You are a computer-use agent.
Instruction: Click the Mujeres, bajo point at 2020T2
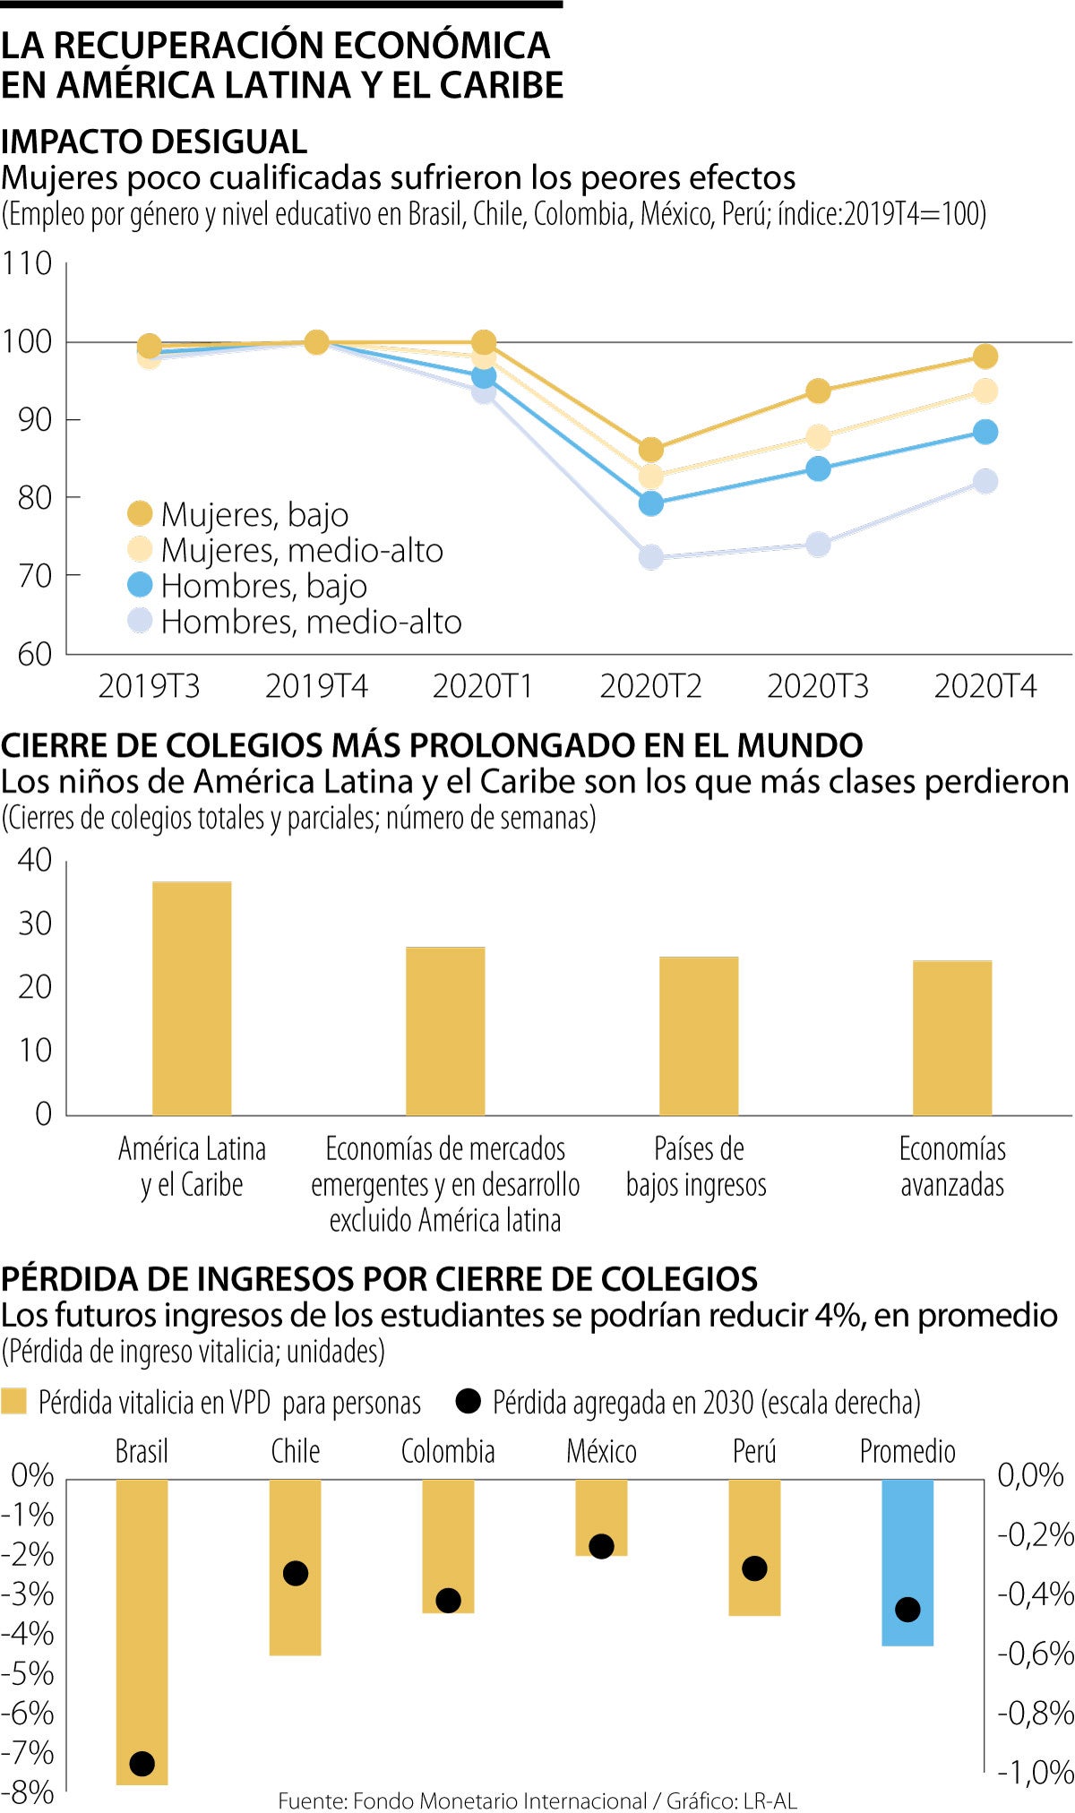(x=651, y=449)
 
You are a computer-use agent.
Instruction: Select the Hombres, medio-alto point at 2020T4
(x=985, y=481)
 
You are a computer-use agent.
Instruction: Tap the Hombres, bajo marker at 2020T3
(x=818, y=468)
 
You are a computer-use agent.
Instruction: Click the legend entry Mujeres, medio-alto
(x=302, y=550)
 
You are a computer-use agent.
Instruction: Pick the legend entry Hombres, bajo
(x=263, y=586)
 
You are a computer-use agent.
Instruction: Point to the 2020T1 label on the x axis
(x=483, y=686)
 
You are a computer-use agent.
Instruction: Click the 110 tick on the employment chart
(x=27, y=263)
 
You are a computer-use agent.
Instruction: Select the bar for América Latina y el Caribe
(x=192, y=998)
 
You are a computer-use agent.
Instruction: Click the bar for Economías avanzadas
(x=952, y=1037)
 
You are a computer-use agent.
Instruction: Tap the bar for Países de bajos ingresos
(x=699, y=1035)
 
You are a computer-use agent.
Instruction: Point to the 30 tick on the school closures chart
(x=35, y=924)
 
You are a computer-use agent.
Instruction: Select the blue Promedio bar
(x=907, y=1562)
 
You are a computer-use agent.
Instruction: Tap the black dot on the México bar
(x=601, y=1546)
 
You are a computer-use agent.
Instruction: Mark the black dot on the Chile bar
(x=296, y=1573)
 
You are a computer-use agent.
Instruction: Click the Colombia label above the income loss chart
(x=448, y=1451)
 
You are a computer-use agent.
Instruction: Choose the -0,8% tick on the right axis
(x=1036, y=1713)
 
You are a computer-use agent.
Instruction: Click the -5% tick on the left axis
(x=29, y=1673)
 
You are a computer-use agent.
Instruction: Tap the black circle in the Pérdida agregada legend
(x=468, y=1402)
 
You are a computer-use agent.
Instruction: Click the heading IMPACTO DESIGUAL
(x=154, y=142)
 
